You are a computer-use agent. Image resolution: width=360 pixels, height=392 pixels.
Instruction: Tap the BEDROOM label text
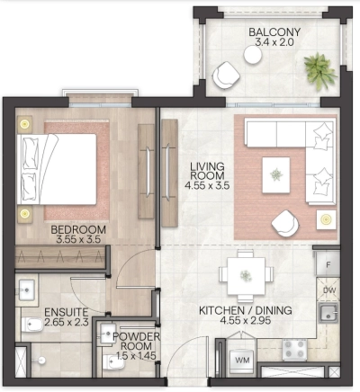[x=78, y=230]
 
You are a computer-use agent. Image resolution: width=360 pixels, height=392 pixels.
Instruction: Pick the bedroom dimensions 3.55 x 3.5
[x=78, y=241]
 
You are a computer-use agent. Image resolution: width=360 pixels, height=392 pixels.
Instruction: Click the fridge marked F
[x=328, y=266]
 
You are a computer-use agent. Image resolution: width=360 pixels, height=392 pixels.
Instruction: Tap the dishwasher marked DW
[x=328, y=290]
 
